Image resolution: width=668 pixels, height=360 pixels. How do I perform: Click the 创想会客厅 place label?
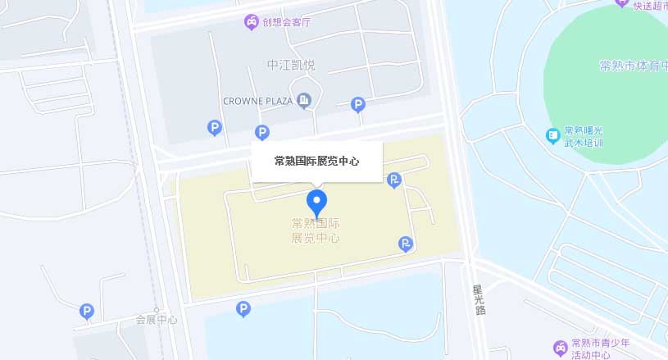point(287,22)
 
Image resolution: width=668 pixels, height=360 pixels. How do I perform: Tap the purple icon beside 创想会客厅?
point(251,22)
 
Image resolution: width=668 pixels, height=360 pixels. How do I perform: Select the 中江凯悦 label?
point(291,65)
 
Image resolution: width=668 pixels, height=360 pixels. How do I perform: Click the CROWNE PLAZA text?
point(258,101)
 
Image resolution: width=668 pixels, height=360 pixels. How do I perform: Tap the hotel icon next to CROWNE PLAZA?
point(305,101)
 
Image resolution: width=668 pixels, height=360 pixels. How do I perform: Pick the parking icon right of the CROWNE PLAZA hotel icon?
point(358,104)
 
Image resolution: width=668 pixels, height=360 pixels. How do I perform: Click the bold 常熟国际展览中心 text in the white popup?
point(316,162)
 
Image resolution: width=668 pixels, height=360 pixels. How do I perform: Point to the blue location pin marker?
point(316,202)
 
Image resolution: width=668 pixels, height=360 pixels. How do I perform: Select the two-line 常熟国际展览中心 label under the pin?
point(316,230)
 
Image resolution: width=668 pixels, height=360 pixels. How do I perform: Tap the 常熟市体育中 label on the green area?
point(633,66)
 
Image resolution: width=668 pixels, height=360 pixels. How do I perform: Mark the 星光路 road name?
point(479,300)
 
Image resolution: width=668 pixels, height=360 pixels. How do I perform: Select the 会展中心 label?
point(157,320)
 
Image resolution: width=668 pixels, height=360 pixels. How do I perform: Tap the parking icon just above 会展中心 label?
point(86,311)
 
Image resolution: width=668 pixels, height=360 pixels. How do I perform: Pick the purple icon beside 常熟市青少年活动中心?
point(561,348)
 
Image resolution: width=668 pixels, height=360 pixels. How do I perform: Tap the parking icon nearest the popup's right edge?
point(394,180)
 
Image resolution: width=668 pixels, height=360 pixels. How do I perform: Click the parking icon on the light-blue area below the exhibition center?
point(243,309)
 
